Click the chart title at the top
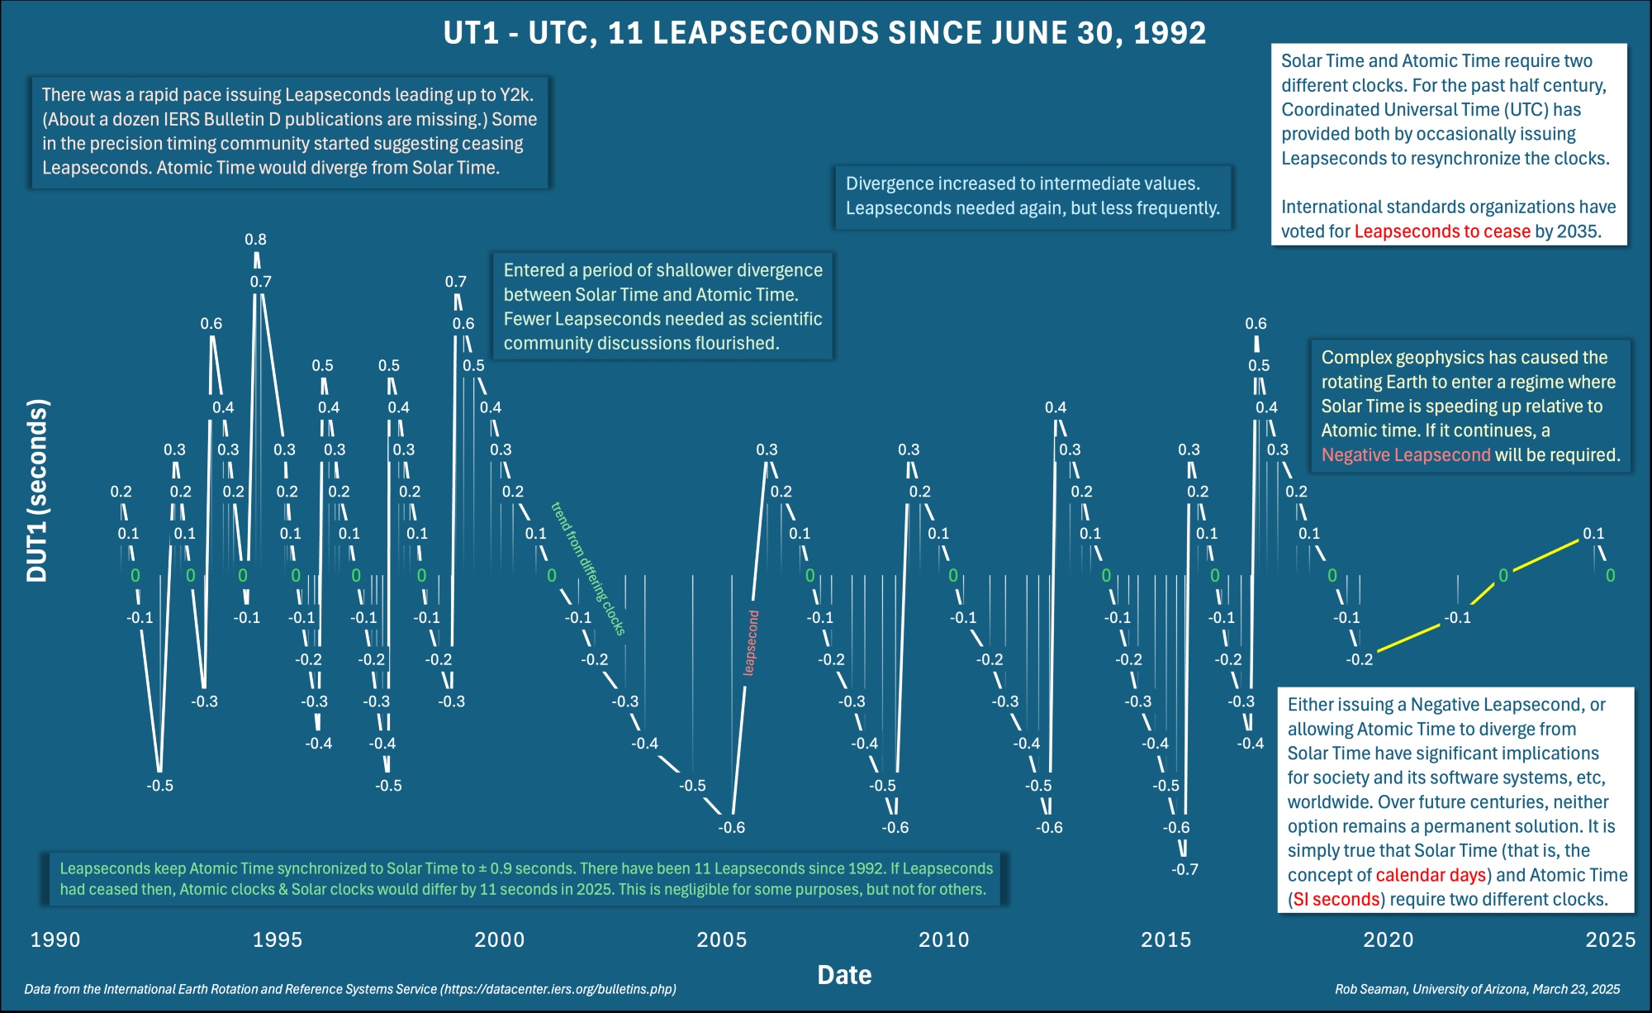tap(824, 33)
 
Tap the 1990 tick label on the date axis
tap(55, 939)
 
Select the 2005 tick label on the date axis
tap(721, 939)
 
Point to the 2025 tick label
tap(1610, 939)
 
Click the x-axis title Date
tap(844, 975)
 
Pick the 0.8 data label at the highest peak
tap(255, 240)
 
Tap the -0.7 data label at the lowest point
tap(1184, 869)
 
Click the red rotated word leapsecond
tap(750, 643)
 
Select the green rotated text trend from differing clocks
tap(588, 568)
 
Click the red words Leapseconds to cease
tap(1442, 231)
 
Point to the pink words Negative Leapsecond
tap(1406, 455)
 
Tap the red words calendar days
tap(1431, 875)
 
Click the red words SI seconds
tap(1336, 899)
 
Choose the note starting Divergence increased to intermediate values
tap(1032, 196)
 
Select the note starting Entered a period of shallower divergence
tap(662, 307)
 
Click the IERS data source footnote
tap(350, 989)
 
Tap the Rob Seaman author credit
tap(1477, 989)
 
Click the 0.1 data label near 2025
tap(1593, 534)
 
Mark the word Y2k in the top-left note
tap(515, 95)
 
